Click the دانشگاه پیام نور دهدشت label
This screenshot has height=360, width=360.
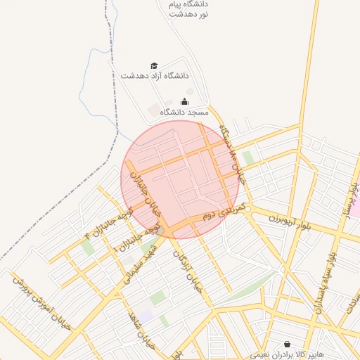[x=188, y=9]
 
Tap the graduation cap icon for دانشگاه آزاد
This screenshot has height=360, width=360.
[x=155, y=65]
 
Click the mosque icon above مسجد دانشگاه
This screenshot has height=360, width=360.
[x=185, y=101]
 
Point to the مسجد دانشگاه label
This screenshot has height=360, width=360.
[x=185, y=112]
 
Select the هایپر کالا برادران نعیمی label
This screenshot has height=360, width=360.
[x=289, y=354]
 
